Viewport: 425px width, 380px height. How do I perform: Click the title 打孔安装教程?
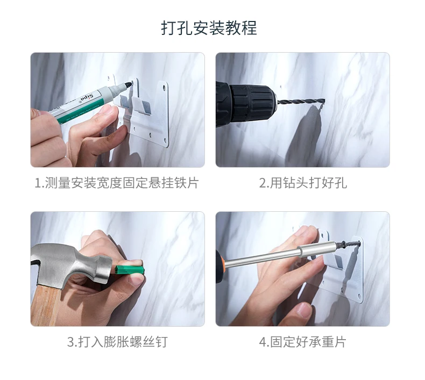coord(209,28)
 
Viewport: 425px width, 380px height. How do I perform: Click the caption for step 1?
coord(117,183)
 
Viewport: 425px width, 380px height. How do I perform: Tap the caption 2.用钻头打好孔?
coord(303,183)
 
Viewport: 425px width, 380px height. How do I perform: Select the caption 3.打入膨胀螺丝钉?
coord(117,342)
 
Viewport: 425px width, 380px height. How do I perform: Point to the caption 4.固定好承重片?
coord(302,342)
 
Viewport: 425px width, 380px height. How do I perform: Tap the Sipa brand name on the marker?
coord(88,98)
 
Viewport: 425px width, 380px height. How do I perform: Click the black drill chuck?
coord(252,103)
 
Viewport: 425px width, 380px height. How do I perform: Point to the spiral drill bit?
coord(300,102)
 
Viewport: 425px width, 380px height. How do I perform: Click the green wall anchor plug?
coord(129,270)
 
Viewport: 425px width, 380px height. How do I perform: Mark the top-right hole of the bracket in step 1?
coord(164,88)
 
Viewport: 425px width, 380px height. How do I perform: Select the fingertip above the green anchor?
coord(133,262)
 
